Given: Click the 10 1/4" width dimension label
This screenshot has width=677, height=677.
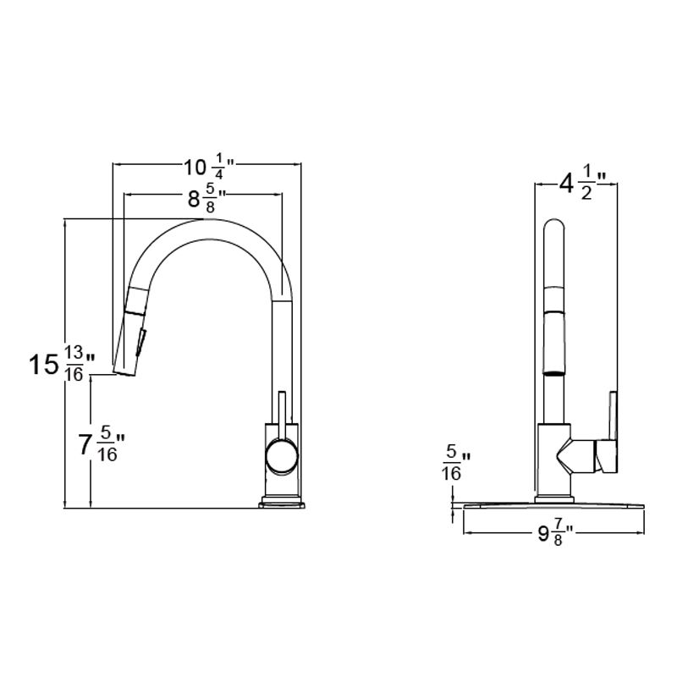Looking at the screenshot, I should [208, 163].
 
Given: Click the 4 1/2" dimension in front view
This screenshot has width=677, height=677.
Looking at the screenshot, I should [578, 182].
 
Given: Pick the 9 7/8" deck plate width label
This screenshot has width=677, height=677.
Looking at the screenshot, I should [551, 534].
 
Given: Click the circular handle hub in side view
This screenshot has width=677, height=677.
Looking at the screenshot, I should [282, 457].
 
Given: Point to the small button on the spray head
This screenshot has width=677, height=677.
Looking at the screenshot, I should [141, 342].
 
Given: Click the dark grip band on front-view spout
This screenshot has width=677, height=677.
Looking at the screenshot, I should [553, 371].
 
